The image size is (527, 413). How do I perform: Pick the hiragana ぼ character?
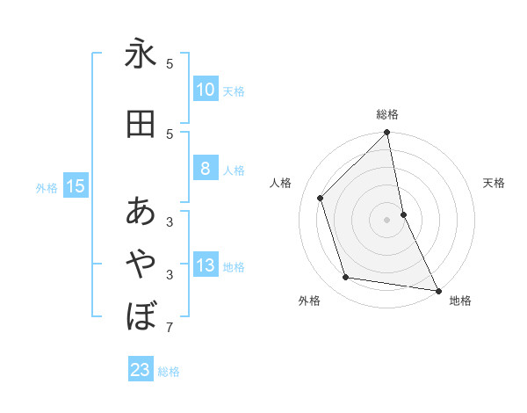tap(141, 315)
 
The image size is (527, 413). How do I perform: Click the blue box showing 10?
tap(205, 90)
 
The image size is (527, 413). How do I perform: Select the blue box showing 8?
tap(205, 170)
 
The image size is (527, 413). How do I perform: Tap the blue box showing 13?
tap(205, 266)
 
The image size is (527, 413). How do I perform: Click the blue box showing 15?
tap(75, 186)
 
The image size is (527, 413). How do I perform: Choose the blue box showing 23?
tap(141, 370)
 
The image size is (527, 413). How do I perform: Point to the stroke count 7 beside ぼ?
tap(170, 329)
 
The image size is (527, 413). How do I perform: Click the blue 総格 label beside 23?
tap(169, 372)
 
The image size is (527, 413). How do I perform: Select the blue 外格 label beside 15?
tap(47, 187)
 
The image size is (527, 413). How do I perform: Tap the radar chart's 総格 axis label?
tap(387, 114)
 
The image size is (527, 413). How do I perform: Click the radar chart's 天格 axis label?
tap(494, 183)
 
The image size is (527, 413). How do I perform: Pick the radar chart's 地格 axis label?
tap(460, 301)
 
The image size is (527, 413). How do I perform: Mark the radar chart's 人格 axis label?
tap(281, 183)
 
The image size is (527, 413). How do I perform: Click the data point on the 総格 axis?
tap(387, 134)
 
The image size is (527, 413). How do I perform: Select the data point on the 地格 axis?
tap(437, 290)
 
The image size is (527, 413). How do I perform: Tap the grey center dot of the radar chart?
tap(387, 219)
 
